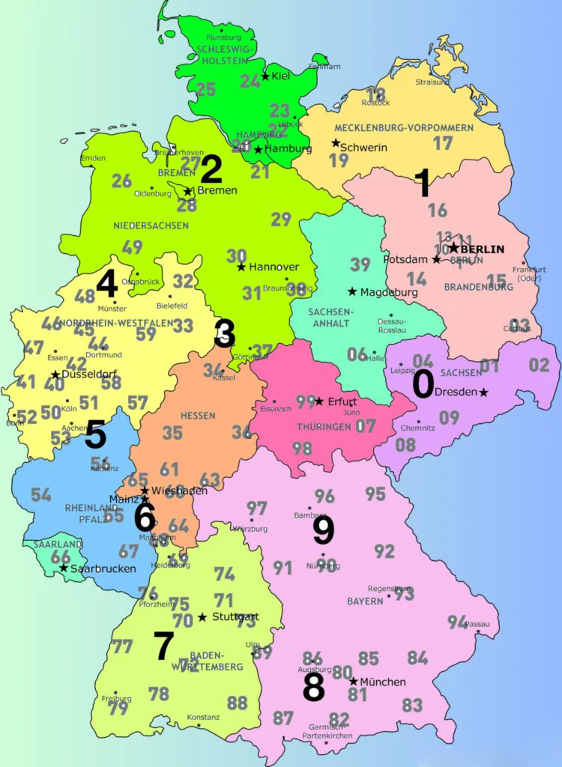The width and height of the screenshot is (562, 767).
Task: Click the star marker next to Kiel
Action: click(265, 76)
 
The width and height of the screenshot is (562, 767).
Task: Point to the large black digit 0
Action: click(423, 385)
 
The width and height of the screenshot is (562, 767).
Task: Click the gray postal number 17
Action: click(443, 142)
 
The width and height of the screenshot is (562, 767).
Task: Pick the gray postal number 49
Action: click(132, 247)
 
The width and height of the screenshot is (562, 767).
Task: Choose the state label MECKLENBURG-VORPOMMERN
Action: click(404, 128)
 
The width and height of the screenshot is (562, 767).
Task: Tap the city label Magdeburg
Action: click(388, 291)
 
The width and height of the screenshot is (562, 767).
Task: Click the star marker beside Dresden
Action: click(483, 392)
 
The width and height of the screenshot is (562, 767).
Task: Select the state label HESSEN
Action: click(198, 416)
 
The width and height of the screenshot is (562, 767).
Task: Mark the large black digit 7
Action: click(163, 646)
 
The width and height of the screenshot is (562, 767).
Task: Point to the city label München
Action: click(383, 682)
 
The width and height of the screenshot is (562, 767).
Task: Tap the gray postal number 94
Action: click(457, 622)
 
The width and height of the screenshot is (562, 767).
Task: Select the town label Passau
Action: click(477, 624)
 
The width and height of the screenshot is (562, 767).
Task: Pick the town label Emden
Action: click(94, 158)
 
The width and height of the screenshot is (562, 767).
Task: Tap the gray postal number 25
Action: click(205, 90)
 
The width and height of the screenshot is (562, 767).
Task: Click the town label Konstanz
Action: click(203, 717)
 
